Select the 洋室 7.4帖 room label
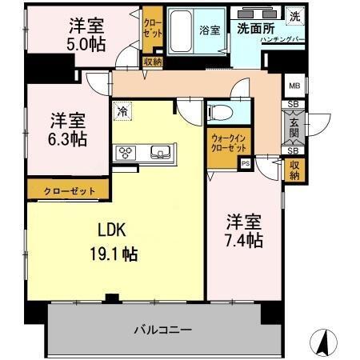[244, 230]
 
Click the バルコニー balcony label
[162, 329]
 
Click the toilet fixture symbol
[221, 111]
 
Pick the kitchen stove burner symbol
[126, 152]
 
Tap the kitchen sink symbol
[158, 152]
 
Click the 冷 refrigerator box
[122, 112]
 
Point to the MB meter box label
[294, 86]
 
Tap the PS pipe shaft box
[245, 162]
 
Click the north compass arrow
[325, 342]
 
